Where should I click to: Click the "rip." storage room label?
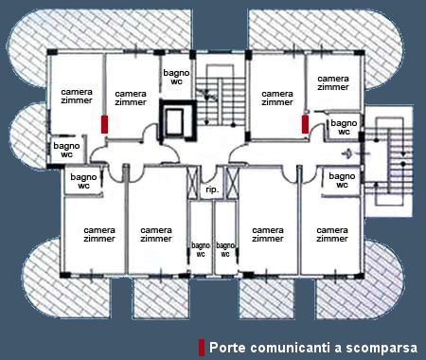tap(212, 189)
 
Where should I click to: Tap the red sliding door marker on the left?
tap(104, 124)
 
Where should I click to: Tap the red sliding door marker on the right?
tap(305, 124)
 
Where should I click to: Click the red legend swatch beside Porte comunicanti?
tap(202, 348)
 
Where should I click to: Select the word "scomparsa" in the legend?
tap(382, 348)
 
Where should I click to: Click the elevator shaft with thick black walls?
tap(177, 120)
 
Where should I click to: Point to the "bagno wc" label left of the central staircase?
tap(176, 77)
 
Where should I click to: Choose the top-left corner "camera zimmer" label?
tap(77, 96)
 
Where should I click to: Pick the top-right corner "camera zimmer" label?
tap(333, 82)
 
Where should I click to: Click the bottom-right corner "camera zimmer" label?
tap(332, 234)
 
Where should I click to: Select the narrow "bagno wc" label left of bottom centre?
tap(201, 249)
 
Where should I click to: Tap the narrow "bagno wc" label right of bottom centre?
tap(225, 249)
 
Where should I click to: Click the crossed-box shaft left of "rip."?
tap(192, 183)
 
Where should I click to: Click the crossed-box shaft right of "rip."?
tap(232, 183)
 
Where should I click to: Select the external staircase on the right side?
tap(389, 161)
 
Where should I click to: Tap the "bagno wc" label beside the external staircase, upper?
tap(344, 127)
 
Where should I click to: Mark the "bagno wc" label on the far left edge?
tap(66, 150)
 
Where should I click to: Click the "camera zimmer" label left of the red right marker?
tap(277, 98)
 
